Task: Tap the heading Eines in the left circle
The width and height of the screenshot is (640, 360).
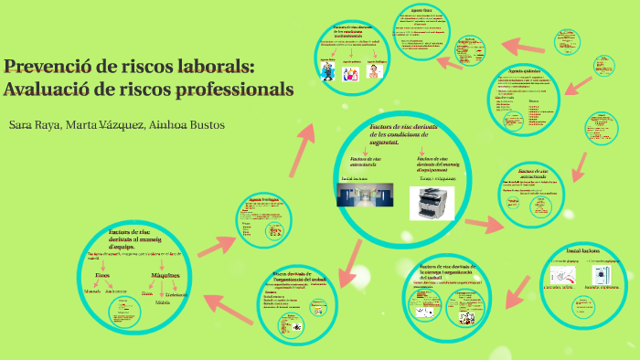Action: click(104, 274)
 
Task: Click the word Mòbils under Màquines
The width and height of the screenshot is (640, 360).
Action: click(163, 301)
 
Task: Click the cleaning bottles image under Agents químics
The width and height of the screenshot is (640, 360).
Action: click(349, 71)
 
